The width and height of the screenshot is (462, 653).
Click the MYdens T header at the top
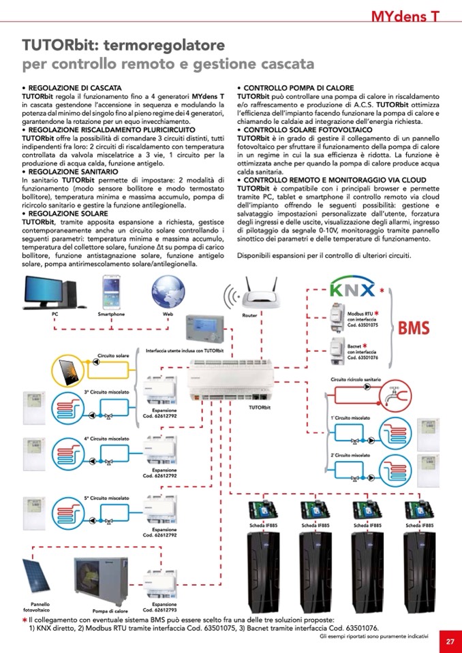pyautogui.click(x=405, y=15)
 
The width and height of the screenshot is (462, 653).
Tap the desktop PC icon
pyautogui.click(x=54, y=292)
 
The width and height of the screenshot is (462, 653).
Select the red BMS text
pyautogui.click(x=414, y=328)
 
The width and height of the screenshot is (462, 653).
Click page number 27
pyautogui.click(x=450, y=641)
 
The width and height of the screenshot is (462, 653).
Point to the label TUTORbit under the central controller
pyautogui.click(x=260, y=407)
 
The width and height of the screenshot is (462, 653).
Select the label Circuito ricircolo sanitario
pyautogui.click(x=356, y=379)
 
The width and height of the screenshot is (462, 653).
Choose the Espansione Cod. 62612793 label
pyautogui.click(x=164, y=607)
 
